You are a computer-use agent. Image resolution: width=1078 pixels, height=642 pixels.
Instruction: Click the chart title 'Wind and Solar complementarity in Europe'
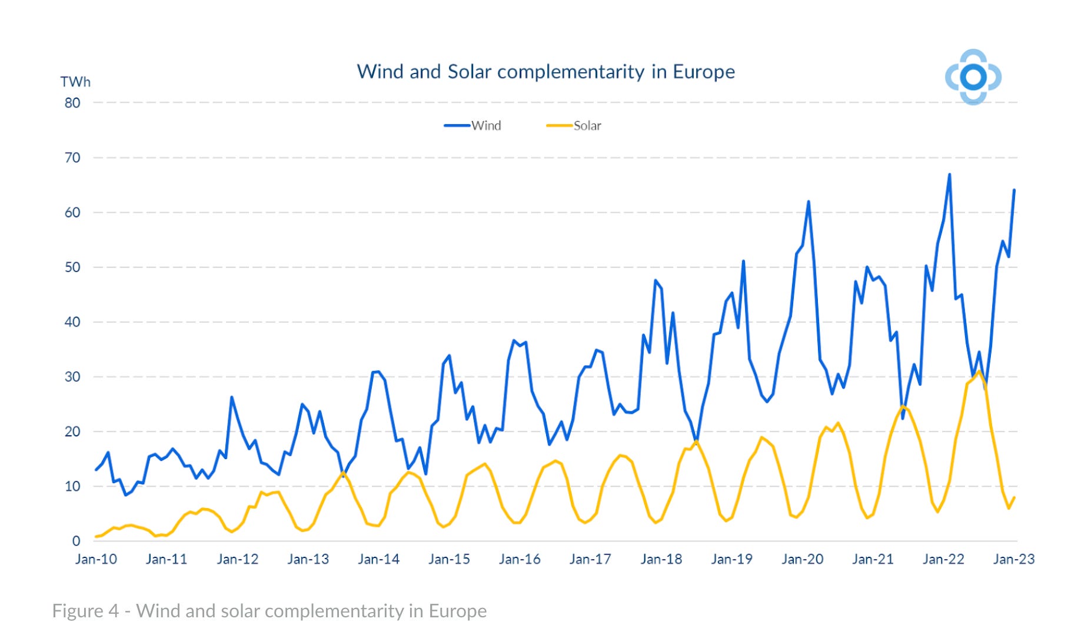(545, 72)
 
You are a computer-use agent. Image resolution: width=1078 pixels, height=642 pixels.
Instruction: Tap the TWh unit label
(75, 82)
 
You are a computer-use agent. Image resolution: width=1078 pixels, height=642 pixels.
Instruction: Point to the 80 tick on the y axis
(72, 103)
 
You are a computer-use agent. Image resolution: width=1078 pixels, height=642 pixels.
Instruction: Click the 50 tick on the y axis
(72, 267)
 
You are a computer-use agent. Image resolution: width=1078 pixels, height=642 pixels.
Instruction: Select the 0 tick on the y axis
(76, 541)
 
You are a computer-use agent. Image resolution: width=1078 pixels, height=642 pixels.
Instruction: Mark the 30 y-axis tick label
(72, 376)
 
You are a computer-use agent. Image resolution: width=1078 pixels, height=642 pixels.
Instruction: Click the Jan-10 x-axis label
(96, 559)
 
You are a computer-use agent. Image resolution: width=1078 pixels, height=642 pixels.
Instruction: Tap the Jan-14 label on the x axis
(378, 559)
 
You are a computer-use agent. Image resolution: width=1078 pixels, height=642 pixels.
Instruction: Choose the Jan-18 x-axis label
(661, 559)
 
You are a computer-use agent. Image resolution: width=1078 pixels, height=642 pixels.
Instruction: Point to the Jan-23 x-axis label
(1013, 559)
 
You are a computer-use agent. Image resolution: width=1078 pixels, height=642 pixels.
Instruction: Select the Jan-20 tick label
(802, 559)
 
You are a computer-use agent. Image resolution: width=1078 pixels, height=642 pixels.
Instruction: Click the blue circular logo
(973, 77)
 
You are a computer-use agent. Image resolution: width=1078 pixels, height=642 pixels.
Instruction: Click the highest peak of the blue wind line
(949, 175)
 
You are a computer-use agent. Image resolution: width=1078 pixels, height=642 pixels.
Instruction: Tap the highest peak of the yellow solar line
(979, 371)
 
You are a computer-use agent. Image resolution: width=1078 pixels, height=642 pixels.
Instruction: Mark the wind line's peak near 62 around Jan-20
(808, 202)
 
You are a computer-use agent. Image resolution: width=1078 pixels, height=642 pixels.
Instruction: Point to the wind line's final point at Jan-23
(1014, 190)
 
